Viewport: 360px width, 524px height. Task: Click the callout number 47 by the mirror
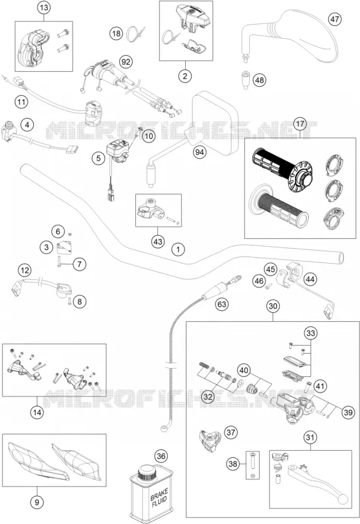334,19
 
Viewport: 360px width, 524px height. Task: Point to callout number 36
161,456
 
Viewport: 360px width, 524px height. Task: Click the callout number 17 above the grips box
300,124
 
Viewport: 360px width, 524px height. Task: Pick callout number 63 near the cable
221,304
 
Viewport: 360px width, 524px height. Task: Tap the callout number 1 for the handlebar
178,249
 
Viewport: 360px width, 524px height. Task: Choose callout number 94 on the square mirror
199,152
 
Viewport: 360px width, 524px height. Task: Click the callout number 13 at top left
44,8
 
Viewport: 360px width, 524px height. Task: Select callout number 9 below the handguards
37,501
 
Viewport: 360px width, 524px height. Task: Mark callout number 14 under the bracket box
37,413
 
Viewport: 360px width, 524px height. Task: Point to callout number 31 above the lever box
310,437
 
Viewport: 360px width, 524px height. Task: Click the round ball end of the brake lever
343,500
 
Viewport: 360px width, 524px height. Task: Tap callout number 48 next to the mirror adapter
260,80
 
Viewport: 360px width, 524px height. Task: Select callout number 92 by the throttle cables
126,62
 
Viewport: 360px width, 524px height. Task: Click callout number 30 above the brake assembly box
273,306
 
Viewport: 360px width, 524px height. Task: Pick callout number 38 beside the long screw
233,464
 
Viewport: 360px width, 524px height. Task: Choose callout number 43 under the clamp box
157,242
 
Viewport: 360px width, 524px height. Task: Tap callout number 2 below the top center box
185,76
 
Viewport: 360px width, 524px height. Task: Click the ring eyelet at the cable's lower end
164,427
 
